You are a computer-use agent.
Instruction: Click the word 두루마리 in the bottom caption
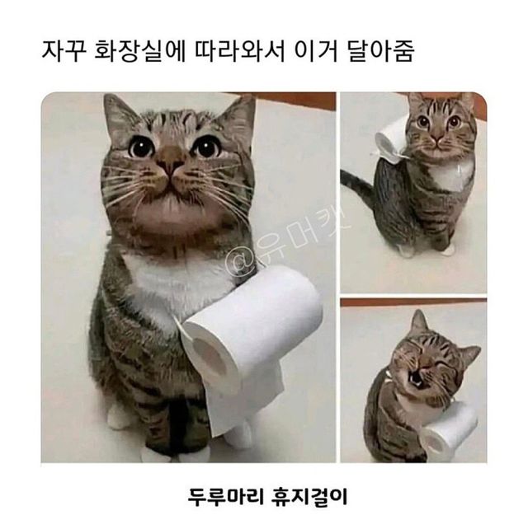[x=223, y=498]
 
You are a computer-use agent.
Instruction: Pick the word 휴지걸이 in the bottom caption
[x=309, y=498]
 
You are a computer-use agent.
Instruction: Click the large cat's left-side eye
[x=141, y=147]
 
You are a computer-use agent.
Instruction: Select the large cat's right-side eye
[x=205, y=147]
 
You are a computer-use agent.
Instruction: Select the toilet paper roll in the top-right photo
[x=391, y=138]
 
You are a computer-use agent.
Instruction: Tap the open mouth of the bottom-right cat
[x=420, y=380]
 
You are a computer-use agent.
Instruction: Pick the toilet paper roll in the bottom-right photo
[x=449, y=428]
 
